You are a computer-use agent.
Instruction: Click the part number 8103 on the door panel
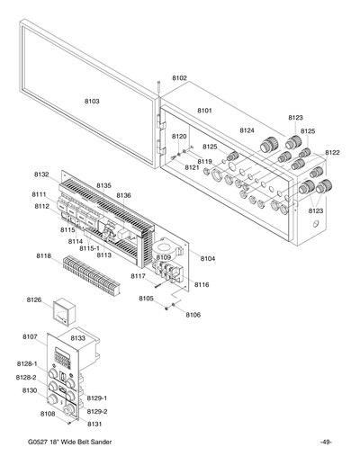(92, 102)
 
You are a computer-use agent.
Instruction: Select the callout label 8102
(179, 78)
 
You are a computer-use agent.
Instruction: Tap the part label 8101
(204, 111)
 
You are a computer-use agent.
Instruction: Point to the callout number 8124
(247, 130)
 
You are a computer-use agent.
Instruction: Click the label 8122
(332, 153)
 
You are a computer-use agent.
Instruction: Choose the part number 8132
(41, 174)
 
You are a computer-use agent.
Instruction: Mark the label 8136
(123, 195)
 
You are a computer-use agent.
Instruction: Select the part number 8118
(43, 256)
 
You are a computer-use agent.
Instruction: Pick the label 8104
(208, 258)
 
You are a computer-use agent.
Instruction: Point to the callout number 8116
(202, 284)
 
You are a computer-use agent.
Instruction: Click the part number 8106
(193, 315)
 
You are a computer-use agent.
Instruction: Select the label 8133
(78, 338)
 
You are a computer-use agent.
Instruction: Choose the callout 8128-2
(27, 377)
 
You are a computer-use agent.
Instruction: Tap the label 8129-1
(97, 397)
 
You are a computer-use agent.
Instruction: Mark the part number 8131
(94, 423)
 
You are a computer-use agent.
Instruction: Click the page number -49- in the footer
(326, 443)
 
